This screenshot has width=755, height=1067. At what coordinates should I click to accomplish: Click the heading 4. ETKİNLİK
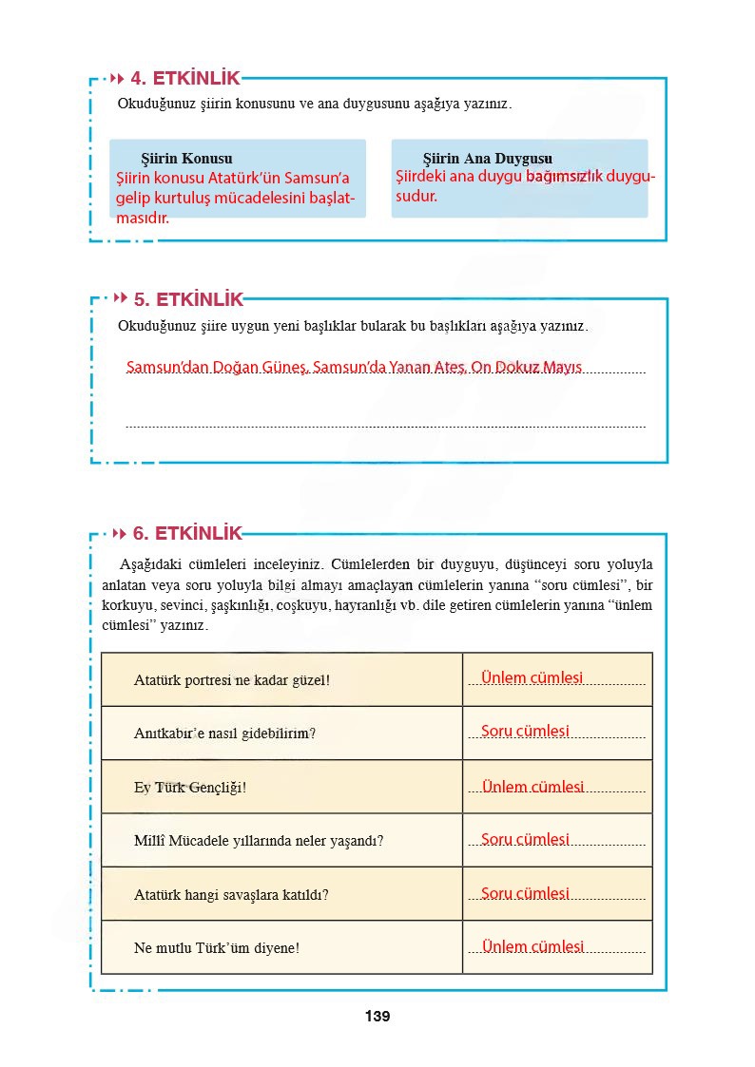click(x=185, y=79)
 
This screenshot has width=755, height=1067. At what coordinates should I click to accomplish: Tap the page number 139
click(x=377, y=1017)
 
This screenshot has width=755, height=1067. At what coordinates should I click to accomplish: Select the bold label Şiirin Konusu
click(x=186, y=159)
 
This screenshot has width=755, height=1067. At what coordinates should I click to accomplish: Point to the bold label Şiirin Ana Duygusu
click(x=487, y=159)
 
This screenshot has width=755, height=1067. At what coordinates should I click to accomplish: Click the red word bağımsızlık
click(x=564, y=177)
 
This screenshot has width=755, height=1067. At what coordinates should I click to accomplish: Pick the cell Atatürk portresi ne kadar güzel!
click(x=232, y=680)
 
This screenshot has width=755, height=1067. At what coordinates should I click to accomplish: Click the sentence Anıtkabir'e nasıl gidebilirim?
click(x=224, y=734)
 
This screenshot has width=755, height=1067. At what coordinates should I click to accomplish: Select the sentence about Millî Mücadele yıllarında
click(x=259, y=841)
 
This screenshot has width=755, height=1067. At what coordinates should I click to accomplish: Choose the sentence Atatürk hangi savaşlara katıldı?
click(x=231, y=894)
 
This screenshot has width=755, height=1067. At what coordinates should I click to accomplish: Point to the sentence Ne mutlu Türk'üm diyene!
click(x=217, y=947)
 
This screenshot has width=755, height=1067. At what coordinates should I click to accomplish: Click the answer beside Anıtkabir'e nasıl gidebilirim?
click(x=525, y=732)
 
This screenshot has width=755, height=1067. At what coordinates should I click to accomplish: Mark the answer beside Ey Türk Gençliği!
click(x=532, y=787)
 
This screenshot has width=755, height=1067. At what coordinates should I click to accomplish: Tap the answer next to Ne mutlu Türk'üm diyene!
click(x=532, y=946)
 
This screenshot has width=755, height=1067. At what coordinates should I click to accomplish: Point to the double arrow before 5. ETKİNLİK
click(x=120, y=299)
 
